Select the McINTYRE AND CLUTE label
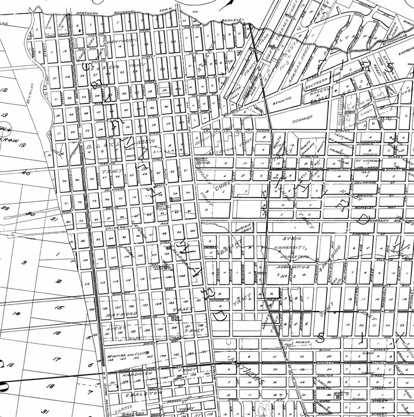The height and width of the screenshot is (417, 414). tap(127, 354)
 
